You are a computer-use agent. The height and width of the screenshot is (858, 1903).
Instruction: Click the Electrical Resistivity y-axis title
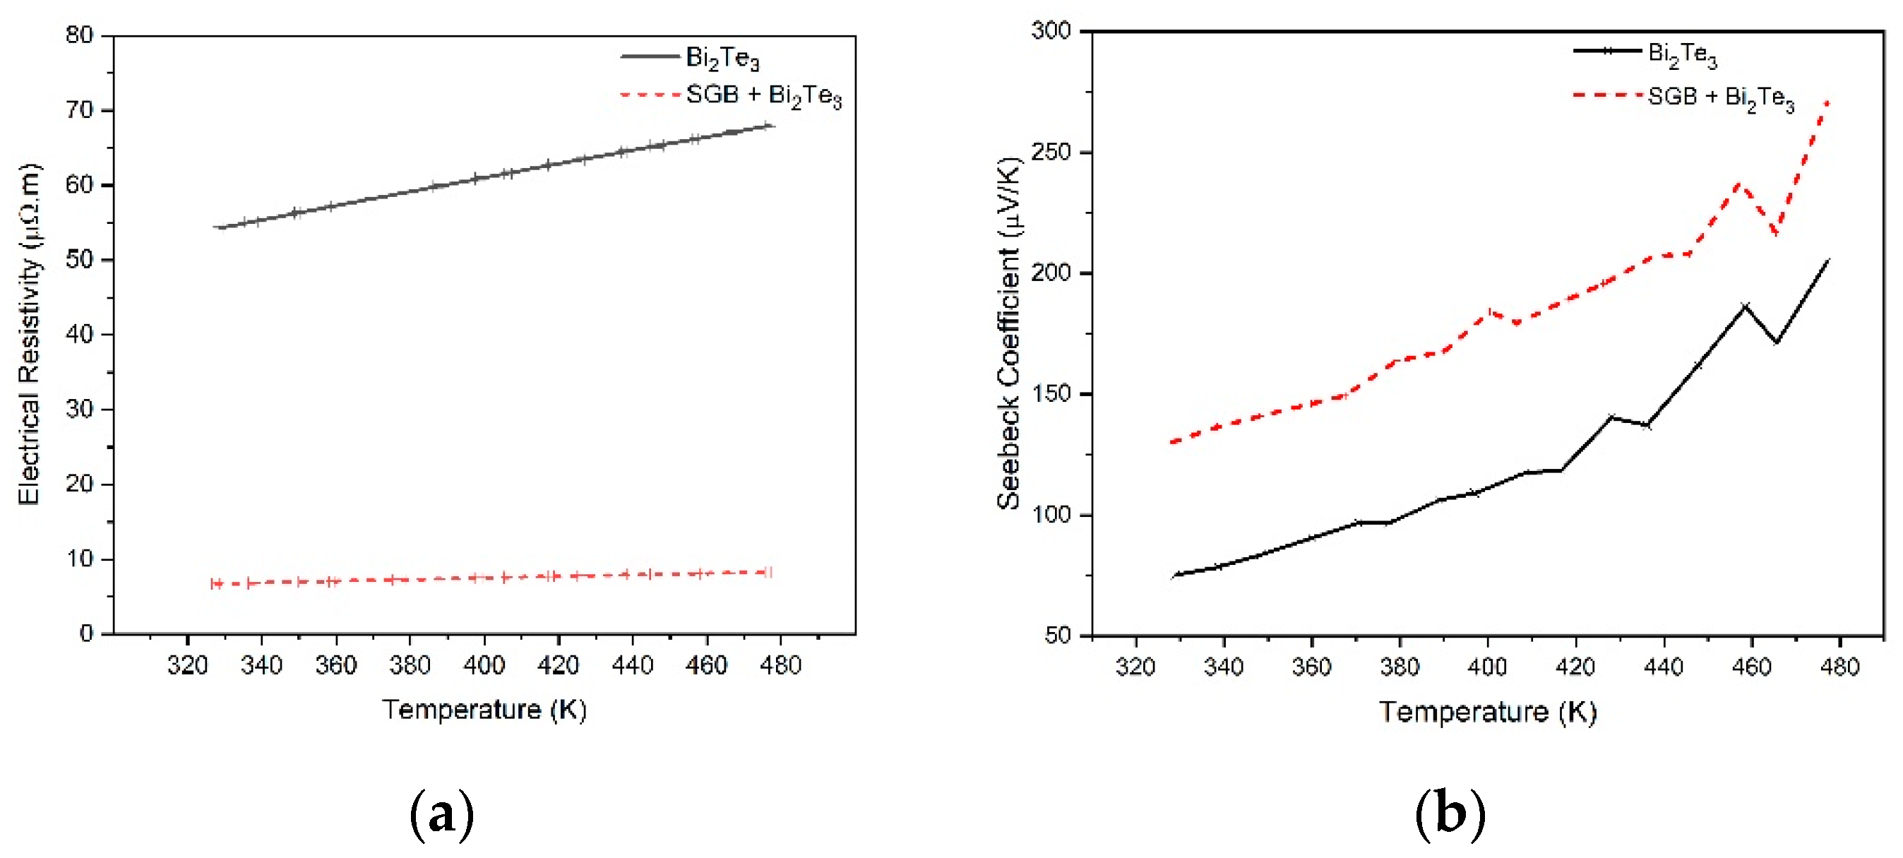coord(30,334)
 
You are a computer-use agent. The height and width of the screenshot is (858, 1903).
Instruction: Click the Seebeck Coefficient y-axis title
coord(1008,334)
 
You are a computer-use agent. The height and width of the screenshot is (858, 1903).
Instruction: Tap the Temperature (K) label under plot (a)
coord(484,710)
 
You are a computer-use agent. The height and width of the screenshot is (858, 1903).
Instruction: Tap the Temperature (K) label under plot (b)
coord(1488,712)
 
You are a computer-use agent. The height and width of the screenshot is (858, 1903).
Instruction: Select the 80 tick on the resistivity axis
coord(79,35)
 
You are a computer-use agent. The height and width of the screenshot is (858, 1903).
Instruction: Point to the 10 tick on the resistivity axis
coord(79,559)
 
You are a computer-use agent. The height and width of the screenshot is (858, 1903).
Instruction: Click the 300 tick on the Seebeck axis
coord(1051,31)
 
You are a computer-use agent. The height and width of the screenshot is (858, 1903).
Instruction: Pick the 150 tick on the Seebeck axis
coord(1051,394)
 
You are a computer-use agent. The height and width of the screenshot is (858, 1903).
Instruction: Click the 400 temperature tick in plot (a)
coord(484,665)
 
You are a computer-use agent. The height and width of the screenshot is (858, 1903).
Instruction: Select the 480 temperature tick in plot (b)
coord(1839,667)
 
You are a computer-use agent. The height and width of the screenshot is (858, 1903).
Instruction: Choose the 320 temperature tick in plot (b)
coord(1135,667)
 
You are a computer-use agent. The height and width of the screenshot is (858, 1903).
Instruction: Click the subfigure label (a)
coord(441,814)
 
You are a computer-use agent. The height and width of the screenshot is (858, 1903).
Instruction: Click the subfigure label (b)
coord(1450,814)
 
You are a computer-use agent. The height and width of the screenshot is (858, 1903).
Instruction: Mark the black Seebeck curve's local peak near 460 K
coord(1746,305)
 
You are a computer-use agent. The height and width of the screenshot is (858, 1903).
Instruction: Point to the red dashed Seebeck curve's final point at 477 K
coord(1827,101)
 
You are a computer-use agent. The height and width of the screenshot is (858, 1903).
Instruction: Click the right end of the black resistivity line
coord(771,126)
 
